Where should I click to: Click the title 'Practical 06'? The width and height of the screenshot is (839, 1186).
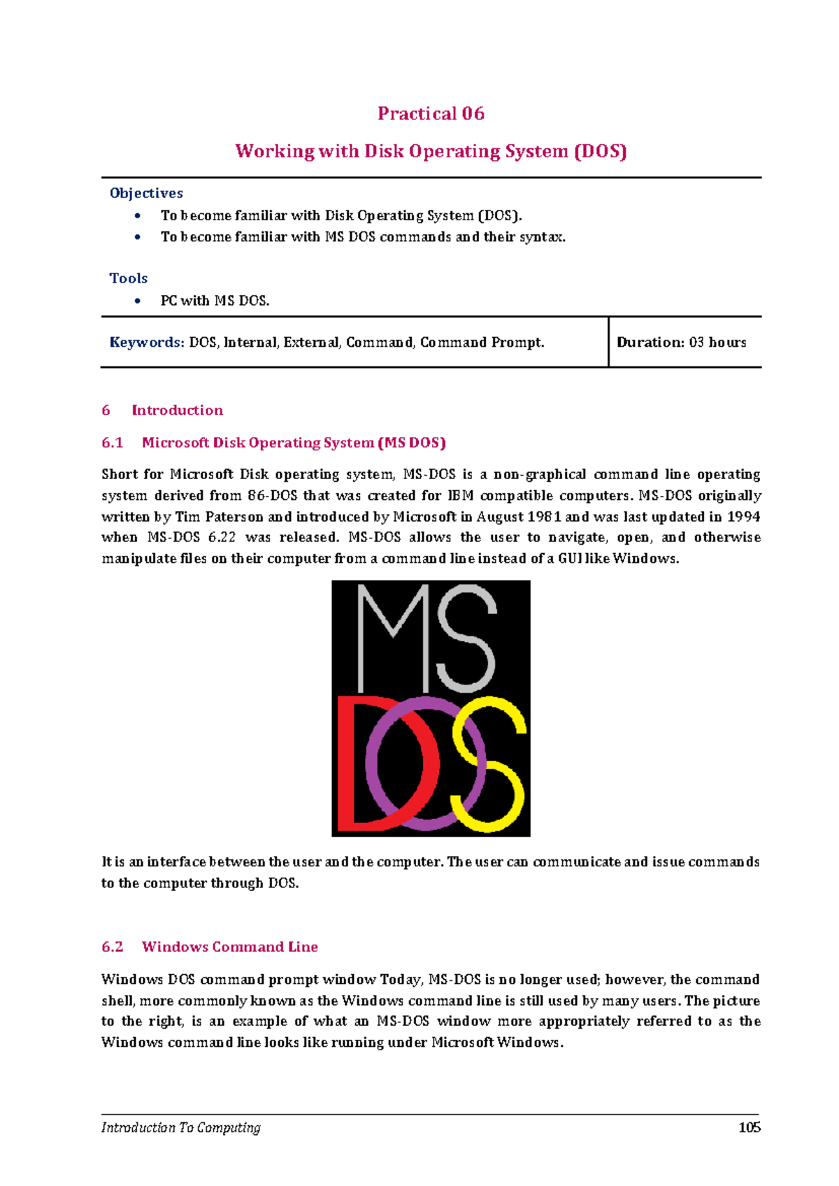pyautogui.click(x=431, y=113)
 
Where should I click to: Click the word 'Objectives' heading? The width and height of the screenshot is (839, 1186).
pyautogui.click(x=146, y=193)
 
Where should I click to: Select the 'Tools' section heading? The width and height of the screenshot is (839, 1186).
pyautogui.click(x=128, y=278)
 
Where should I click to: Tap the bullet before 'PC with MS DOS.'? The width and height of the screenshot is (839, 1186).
pyautogui.click(x=138, y=301)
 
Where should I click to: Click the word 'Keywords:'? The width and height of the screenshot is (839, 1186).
pyautogui.click(x=147, y=342)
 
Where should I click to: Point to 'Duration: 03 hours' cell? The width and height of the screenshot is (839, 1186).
pyautogui.click(x=681, y=342)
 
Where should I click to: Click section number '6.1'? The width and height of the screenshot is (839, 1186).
pyautogui.click(x=112, y=443)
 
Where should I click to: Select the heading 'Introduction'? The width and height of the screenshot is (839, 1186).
pyautogui.click(x=177, y=410)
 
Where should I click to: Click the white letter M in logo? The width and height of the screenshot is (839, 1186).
pyautogui.click(x=393, y=636)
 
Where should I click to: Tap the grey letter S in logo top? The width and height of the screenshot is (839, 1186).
pyautogui.click(x=467, y=636)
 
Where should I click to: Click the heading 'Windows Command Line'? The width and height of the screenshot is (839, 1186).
pyautogui.click(x=229, y=947)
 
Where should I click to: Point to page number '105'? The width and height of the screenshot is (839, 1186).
pyautogui.click(x=749, y=1127)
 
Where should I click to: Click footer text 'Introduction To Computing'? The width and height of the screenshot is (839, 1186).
pyautogui.click(x=180, y=1127)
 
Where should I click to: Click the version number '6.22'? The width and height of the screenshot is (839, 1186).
pyautogui.click(x=222, y=538)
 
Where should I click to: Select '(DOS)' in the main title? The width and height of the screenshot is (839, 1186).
pyautogui.click(x=600, y=152)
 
